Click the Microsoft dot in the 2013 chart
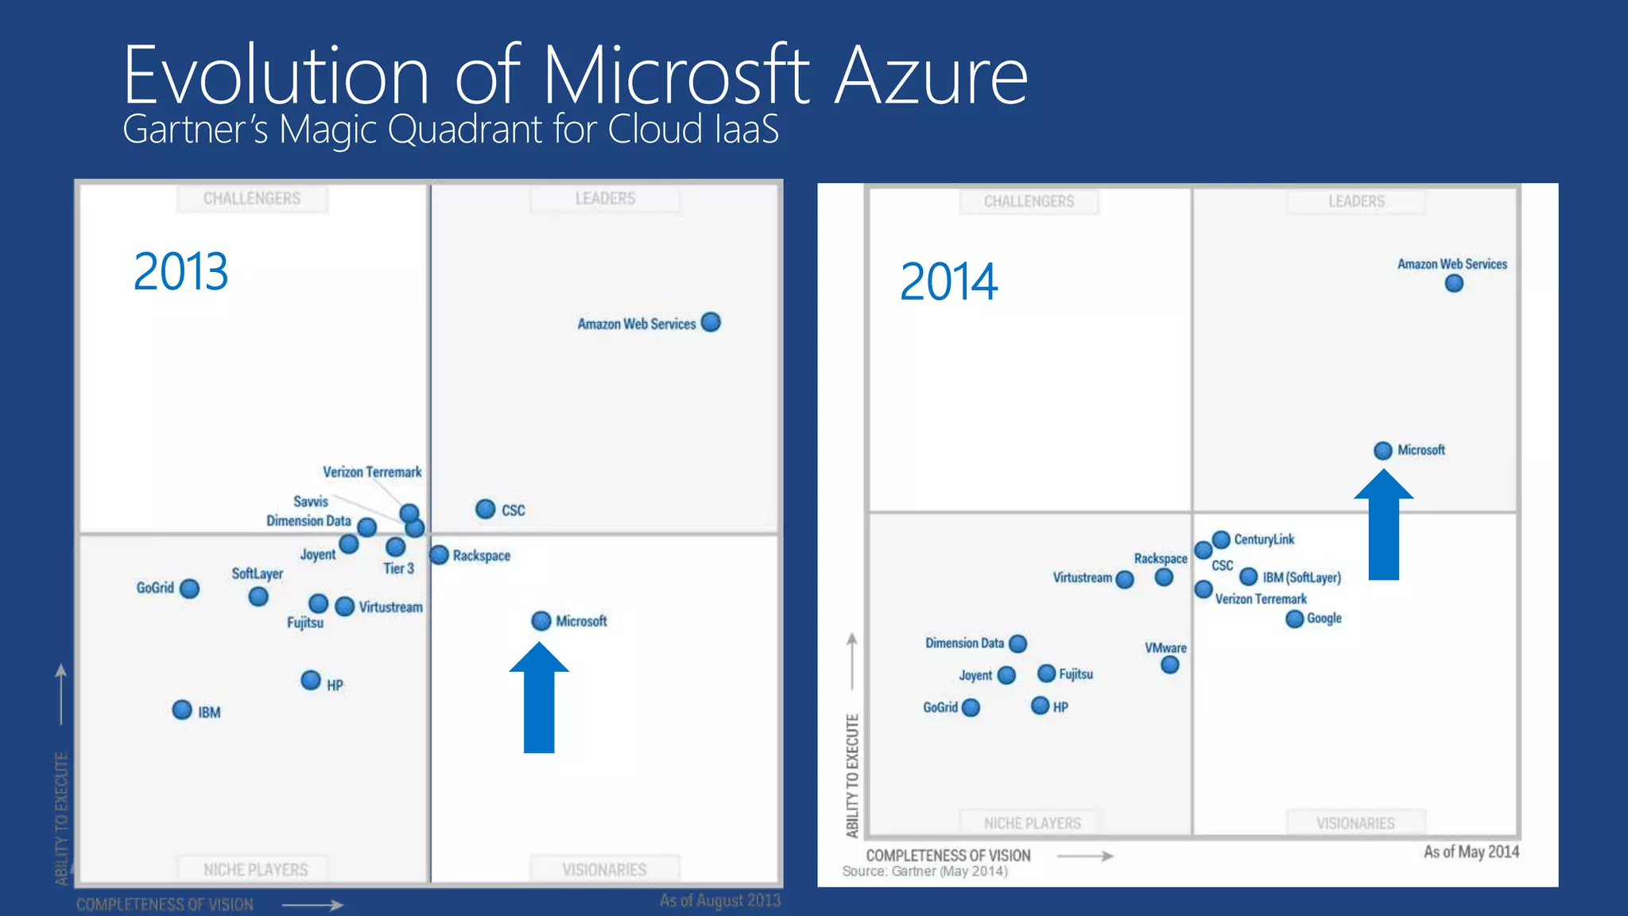tap(541, 621)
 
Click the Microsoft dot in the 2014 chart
tap(1383, 450)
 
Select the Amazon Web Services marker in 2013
tap(711, 322)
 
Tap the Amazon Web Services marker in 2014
tap(1454, 284)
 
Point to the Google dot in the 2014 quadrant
tap(1295, 619)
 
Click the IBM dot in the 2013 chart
tap(182, 709)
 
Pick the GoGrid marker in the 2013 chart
tap(189, 588)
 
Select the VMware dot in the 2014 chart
tap(1170, 665)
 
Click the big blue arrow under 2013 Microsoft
tap(539, 700)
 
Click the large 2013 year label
tap(181, 272)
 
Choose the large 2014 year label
tap(949, 282)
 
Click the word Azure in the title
tap(932, 76)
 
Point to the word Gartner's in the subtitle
tap(196, 130)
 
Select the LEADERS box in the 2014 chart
tap(1356, 201)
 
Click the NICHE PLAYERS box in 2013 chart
tap(255, 869)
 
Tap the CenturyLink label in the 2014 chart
tap(1264, 539)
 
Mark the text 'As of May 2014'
tap(1471, 852)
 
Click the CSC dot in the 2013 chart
tap(486, 509)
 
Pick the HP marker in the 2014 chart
tap(1040, 705)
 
